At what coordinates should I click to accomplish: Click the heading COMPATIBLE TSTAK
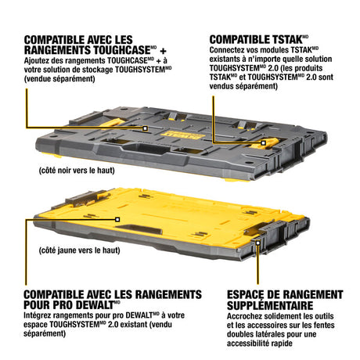click(258, 40)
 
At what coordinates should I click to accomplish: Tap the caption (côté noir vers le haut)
click(77, 171)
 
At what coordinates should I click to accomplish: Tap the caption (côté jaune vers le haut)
click(79, 250)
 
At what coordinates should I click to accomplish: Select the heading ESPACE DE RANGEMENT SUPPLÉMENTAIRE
click(285, 300)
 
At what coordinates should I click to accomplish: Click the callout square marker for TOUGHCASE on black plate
click(146, 128)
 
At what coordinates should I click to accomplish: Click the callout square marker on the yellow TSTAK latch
click(263, 143)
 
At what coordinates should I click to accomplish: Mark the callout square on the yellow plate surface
click(117, 220)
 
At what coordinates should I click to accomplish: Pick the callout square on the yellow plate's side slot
click(257, 243)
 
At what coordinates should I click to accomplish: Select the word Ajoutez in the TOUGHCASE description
click(38, 60)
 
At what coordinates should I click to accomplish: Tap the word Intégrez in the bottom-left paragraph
click(38, 315)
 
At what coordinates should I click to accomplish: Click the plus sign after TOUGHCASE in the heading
click(163, 51)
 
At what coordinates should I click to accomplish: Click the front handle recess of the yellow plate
click(142, 229)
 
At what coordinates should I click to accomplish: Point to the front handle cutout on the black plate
click(147, 148)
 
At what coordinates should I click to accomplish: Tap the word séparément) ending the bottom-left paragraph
click(45, 333)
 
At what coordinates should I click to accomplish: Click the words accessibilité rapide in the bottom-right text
click(259, 344)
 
